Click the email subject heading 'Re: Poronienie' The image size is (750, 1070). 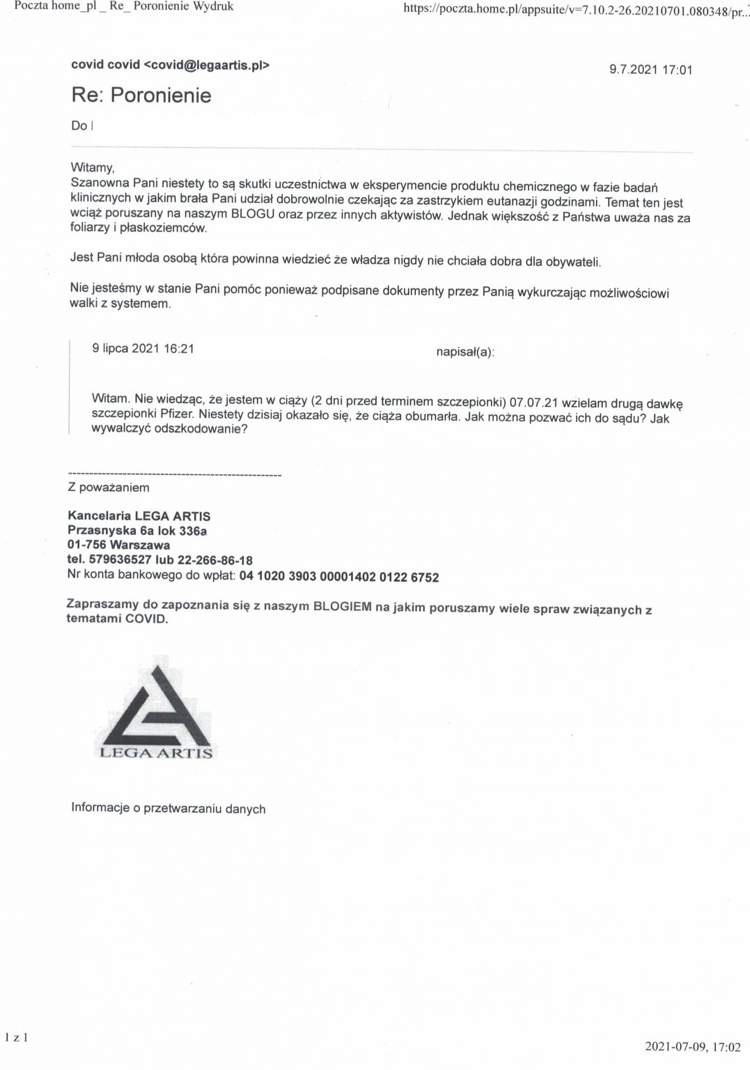click(141, 95)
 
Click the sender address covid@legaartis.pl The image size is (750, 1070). click(207, 65)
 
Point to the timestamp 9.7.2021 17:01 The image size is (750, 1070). click(650, 69)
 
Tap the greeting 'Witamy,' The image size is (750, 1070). click(92, 167)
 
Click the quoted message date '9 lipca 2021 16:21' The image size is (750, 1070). click(143, 348)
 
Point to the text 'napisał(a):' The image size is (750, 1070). click(465, 352)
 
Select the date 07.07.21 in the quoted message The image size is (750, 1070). click(533, 402)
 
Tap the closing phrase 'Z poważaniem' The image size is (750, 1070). click(108, 488)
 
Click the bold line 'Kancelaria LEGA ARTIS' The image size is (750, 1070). click(139, 516)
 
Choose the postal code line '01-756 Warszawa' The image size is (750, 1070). click(118, 545)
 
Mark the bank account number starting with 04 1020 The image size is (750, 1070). click(338, 577)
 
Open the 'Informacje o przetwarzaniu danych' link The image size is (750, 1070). click(168, 808)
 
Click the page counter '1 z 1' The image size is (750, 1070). click(16, 1038)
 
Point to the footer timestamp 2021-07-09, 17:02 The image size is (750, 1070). click(692, 1046)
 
